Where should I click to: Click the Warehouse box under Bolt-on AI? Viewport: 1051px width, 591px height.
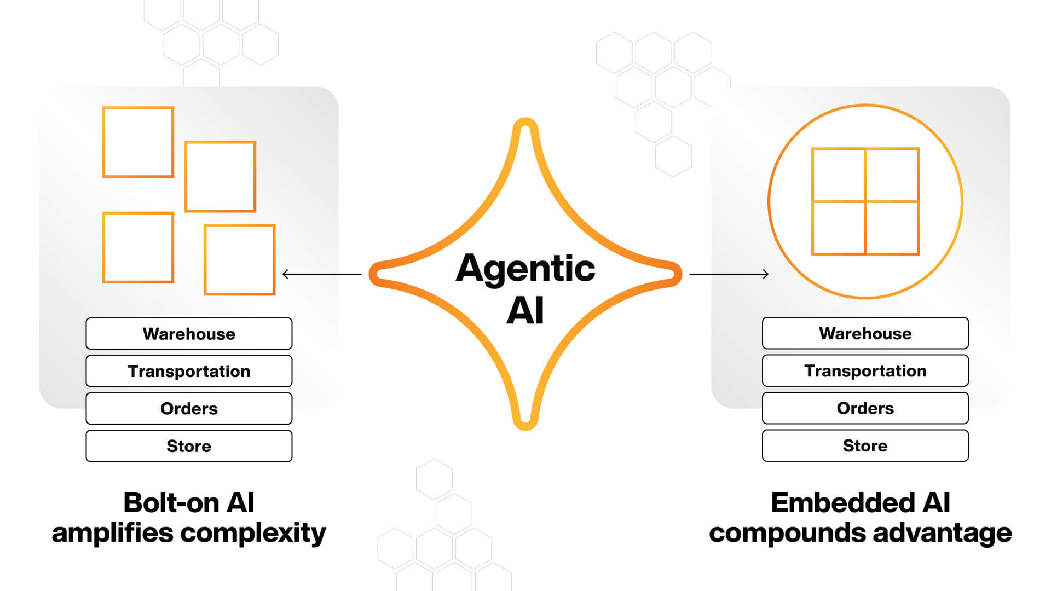[x=189, y=334]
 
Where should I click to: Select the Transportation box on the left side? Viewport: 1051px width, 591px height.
[x=189, y=371]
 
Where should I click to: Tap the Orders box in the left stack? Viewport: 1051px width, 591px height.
[x=189, y=408]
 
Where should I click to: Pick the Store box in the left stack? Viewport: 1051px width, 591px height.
[x=189, y=446]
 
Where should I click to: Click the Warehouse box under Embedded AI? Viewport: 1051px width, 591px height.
[x=865, y=333]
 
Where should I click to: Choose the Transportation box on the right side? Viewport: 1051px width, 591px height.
[x=865, y=370]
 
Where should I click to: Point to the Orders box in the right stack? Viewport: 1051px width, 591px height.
[x=865, y=408]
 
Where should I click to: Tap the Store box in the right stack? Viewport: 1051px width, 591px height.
[x=865, y=445]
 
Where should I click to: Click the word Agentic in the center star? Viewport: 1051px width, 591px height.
[x=525, y=269]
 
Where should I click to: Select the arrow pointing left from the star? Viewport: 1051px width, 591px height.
[x=321, y=274]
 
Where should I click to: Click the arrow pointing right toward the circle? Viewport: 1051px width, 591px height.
[x=729, y=274]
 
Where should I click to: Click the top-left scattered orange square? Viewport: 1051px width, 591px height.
[x=138, y=142]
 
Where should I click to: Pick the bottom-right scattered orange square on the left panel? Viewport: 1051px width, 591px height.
[x=240, y=259]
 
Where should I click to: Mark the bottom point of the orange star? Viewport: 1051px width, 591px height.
[x=525, y=422]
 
